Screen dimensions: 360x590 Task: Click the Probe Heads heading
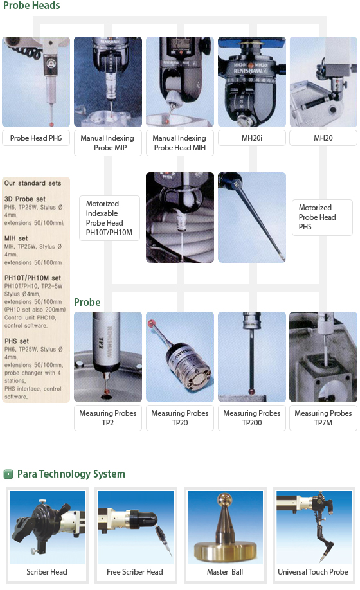coord(32,5)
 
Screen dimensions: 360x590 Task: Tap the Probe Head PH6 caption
coord(36,138)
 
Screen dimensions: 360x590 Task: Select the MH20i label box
coord(251,138)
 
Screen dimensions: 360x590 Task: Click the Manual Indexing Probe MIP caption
coord(107,143)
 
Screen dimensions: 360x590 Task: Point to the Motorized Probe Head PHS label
coord(322,217)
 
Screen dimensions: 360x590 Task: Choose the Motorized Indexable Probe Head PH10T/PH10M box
coord(109,218)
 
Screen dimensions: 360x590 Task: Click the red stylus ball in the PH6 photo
coord(51,124)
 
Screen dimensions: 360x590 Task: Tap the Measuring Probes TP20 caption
coord(180,418)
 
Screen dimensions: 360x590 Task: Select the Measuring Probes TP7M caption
coord(323,418)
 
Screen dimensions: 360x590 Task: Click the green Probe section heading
coord(87,303)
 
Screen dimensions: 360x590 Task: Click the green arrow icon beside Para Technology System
coord(8,474)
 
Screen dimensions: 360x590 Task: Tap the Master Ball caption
coord(225,572)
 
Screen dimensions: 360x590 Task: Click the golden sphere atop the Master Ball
coord(225,499)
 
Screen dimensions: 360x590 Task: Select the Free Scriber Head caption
coord(135,572)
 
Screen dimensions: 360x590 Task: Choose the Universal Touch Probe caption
coord(313,572)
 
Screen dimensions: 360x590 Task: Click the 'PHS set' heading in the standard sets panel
coord(17,341)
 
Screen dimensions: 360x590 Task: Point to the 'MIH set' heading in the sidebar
coord(16,238)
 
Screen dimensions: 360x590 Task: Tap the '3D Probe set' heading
coord(25,199)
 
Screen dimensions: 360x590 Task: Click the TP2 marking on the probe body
coord(100,343)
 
